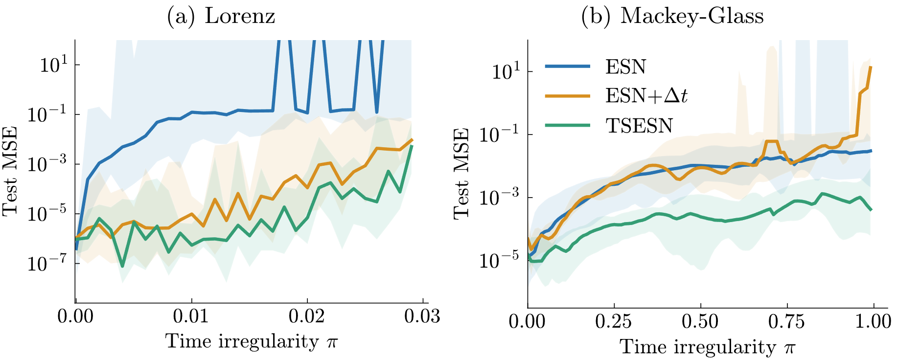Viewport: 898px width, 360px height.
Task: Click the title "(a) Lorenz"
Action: coord(221,16)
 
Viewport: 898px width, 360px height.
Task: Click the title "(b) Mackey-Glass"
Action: coord(672,16)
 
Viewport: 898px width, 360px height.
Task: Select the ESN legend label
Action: coord(625,67)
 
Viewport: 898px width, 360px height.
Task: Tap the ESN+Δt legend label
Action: coord(646,96)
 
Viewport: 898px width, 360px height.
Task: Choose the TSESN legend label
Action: coord(639,126)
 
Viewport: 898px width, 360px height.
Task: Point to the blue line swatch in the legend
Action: coord(568,67)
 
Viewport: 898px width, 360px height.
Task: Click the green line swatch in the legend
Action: coord(568,126)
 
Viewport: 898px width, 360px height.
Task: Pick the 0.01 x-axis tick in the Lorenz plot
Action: coord(191,316)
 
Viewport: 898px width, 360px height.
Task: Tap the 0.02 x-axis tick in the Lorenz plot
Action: coord(307,316)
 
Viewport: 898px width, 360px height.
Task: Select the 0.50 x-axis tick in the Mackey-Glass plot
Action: coord(701,321)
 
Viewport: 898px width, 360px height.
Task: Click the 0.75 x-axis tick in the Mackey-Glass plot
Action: coord(787,321)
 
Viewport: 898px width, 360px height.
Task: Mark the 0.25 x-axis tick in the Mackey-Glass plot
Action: coord(614,321)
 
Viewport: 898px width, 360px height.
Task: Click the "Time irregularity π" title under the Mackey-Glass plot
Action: coord(707,347)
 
